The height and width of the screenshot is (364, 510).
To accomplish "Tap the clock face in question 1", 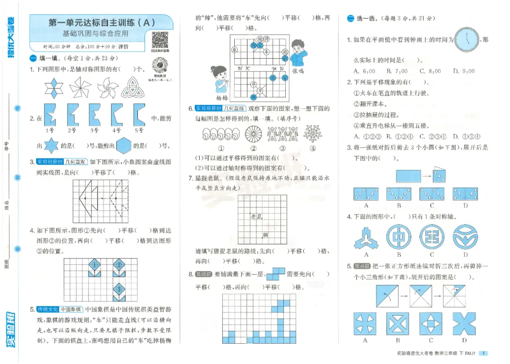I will pos(467,39).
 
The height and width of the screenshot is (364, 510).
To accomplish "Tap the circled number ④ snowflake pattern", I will pos(312,134).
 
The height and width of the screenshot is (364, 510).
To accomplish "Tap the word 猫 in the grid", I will pos(265,234).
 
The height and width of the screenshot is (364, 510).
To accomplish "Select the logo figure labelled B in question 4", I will pos(399,236).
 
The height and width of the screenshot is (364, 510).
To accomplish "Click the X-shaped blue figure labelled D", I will pos(465,324).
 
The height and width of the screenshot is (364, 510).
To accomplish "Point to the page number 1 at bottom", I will pos(484,353).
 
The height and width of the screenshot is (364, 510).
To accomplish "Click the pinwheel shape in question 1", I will pos(80,87).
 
